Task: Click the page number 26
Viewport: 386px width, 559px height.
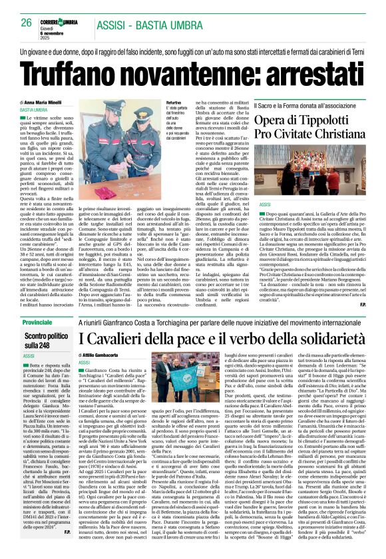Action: (x=27, y=23)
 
